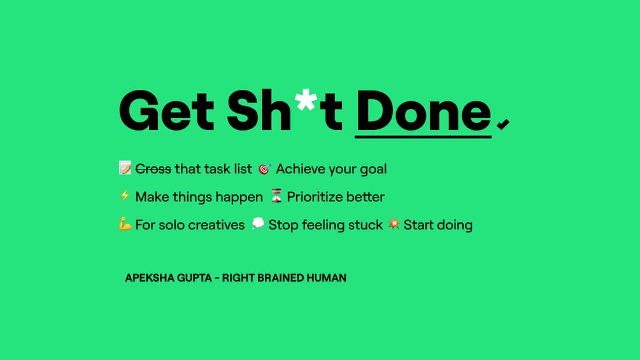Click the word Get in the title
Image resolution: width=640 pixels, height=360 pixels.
167,111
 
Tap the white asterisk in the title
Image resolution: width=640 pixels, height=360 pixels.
306,100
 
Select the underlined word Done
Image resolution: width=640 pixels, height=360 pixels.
423,111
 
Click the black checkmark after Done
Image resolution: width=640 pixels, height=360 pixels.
503,124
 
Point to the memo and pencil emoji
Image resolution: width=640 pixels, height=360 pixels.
125,168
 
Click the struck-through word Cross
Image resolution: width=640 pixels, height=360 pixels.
153,169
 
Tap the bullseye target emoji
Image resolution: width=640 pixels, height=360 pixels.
264,168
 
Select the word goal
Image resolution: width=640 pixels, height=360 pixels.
373,169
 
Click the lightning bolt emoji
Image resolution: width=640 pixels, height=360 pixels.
125,196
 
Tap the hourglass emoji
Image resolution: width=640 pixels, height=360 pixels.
276,196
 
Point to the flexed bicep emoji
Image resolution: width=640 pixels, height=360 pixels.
125,224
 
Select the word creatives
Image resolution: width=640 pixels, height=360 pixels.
217,225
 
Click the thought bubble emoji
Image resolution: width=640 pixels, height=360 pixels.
258,223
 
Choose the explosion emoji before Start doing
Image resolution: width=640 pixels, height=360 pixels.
394,224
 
